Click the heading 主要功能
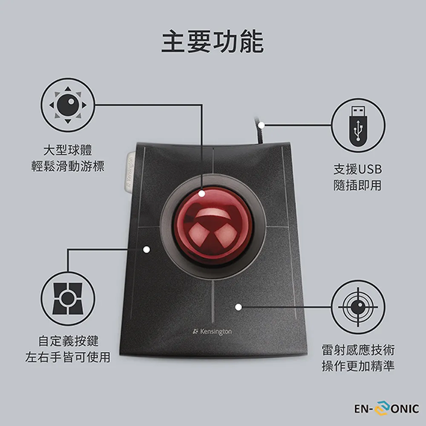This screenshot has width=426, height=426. point(212,42)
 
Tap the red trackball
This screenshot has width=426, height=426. point(213,226)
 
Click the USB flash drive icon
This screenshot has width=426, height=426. point(358,126)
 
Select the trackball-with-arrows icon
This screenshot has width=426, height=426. point(68,105)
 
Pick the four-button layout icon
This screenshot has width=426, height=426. point(68,299)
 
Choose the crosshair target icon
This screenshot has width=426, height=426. point(358,307)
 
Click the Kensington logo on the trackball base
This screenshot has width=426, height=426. point(212,332)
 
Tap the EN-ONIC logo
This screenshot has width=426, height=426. point(386,408)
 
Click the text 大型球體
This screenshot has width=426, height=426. point(68,150)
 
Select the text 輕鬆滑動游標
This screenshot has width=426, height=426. point(68,166)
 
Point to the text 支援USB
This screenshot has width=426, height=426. point(358,169)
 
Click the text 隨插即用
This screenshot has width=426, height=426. point(358,185)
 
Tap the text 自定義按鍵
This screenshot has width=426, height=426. point(68,341)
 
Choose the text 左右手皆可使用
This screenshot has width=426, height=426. point(68,357)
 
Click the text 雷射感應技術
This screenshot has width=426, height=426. point(358,350)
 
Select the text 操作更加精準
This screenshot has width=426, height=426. point(358,365)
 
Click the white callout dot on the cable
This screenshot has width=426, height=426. point(261,126)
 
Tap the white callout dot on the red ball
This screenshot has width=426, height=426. point(202,194)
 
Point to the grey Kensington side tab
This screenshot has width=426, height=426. point(130,172)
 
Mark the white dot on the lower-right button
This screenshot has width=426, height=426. point(238,307)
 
